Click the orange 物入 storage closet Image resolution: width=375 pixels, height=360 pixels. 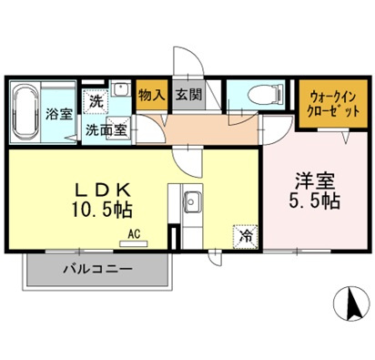151,95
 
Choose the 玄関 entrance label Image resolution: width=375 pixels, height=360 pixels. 188,95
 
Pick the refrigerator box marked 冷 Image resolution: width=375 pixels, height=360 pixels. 245,235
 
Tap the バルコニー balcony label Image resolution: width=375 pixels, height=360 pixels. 97,270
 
